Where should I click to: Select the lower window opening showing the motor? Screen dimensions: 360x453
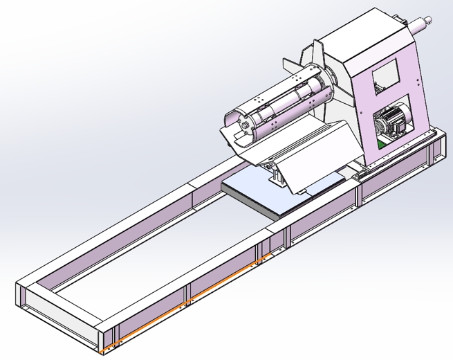pyautogui.click(x=394, y=125)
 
